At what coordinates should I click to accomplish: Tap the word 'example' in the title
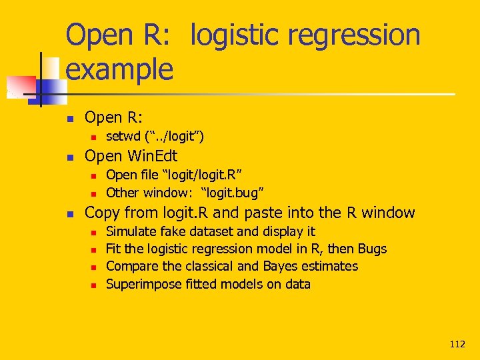tap(120, 69)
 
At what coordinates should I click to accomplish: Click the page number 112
tap(457, 344)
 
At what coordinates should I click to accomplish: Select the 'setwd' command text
tap(123, 137)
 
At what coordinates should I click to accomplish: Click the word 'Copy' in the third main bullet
tap(102, 213)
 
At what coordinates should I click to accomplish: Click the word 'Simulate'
tap(133, 231)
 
